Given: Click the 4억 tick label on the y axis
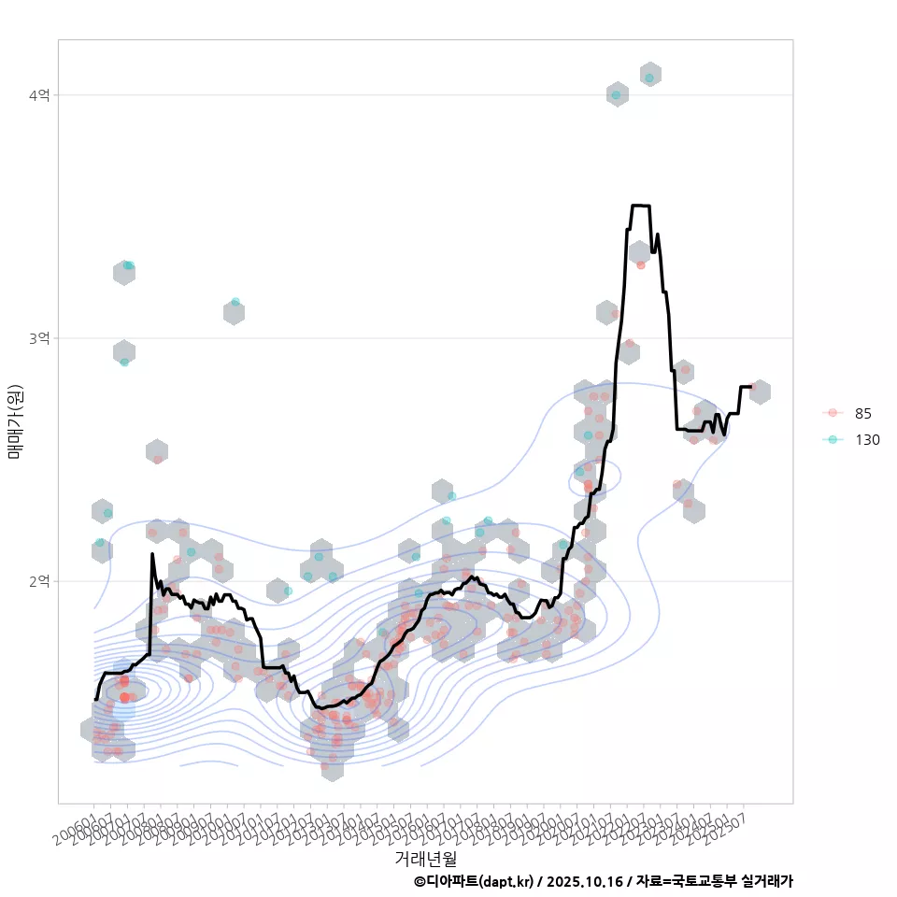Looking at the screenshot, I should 40,95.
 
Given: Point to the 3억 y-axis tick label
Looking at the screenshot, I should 40,338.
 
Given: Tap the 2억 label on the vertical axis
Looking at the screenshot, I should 40,581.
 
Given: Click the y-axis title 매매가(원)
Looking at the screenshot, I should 15,420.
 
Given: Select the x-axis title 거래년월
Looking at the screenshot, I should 426,858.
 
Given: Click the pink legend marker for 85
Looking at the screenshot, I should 833,413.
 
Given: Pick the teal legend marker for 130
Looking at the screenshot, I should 833,439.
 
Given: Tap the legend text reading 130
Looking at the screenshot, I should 867,439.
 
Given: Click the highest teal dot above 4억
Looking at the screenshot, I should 649,76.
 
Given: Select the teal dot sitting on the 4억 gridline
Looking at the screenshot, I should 616,94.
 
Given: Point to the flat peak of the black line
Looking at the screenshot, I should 640,206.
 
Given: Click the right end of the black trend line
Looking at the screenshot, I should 753,386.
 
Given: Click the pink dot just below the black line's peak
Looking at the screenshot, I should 640,264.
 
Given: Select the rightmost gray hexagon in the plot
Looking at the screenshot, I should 760,392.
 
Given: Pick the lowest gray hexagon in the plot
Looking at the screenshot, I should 332,768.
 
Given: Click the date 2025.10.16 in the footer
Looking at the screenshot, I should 584,881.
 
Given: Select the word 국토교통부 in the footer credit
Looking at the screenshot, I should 704,881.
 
